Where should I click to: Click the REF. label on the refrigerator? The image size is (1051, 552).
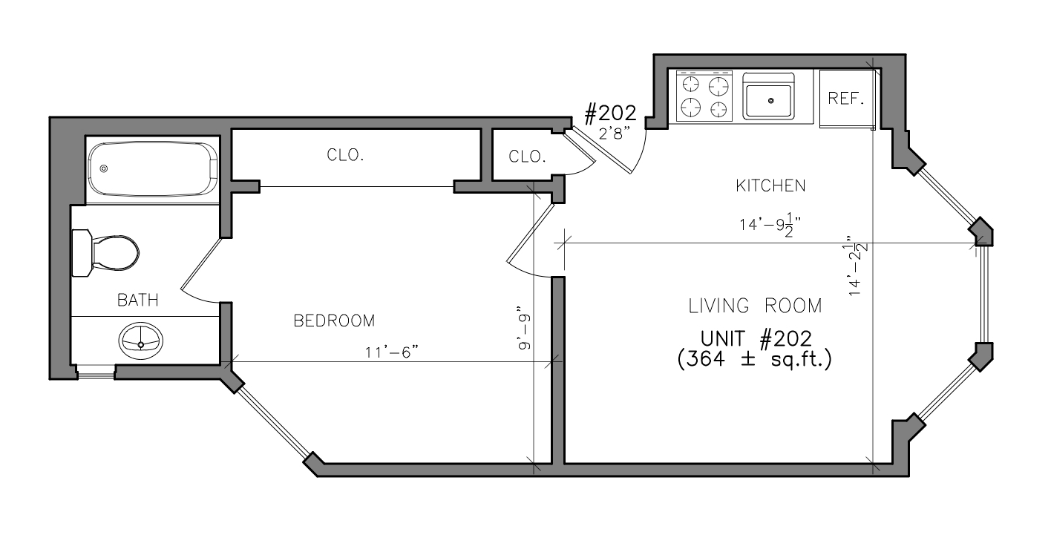click(846, 99)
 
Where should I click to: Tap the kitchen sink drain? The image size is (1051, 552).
click(770, 100)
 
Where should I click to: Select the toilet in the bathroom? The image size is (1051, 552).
click(105, 253)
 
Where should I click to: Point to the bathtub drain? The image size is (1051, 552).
click(104, 169)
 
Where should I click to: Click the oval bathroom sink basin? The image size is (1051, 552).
click(141, 340)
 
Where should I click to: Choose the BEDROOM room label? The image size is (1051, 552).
click(334, 321)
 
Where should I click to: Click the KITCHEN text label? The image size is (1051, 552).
click(770, 185)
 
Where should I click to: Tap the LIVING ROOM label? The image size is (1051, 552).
click(755, 306)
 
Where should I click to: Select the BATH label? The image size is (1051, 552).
click(137, 300)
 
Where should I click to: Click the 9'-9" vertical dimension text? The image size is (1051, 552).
click(524, 328)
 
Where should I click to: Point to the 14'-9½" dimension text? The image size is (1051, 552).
click(770, 225)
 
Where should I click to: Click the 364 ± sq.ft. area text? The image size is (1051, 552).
click(754, 360)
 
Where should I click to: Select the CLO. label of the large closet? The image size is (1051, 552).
click(345, 155)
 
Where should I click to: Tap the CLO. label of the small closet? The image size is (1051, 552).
click(528, 156)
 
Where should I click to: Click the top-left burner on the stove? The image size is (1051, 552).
click(691, 85)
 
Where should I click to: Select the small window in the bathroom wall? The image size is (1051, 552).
click(96, 372)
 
